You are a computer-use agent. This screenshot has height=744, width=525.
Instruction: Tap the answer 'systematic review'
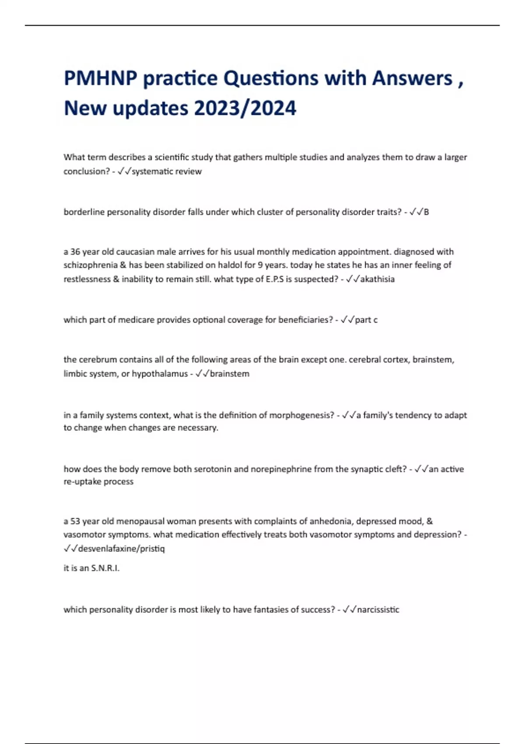coord(167,172)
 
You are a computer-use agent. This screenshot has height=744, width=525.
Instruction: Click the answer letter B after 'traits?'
coord(426,212)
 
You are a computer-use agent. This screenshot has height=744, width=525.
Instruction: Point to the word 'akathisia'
coord(377,279)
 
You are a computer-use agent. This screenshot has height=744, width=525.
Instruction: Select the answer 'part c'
coord(366,320)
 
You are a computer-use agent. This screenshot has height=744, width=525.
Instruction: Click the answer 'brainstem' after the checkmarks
coord(230,374)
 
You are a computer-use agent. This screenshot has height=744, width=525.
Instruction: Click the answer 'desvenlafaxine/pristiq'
coord(121,549)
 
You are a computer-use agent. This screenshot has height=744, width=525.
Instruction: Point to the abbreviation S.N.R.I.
coord(105,569)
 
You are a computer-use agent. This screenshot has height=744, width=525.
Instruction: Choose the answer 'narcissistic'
coord(378,610)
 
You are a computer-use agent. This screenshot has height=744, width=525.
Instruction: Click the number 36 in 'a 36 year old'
coord(75,252)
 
